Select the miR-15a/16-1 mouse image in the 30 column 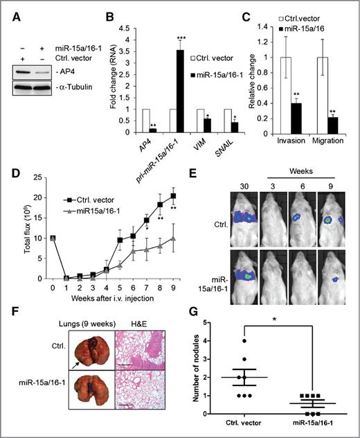(x=237, y=264)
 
